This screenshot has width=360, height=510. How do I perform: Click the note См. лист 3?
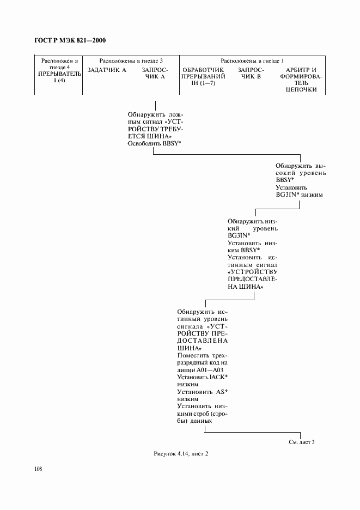(x=302, y=442)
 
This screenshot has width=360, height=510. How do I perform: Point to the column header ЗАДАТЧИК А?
(x=107, y=71)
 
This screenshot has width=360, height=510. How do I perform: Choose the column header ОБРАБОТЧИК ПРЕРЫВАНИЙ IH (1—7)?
(x=200, y=77)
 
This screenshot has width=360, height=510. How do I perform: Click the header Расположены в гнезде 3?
(x=131, y=60)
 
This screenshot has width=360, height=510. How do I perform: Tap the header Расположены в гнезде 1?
(x=252, y=60)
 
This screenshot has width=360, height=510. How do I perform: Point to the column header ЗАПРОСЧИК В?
(x=251, y=74)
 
